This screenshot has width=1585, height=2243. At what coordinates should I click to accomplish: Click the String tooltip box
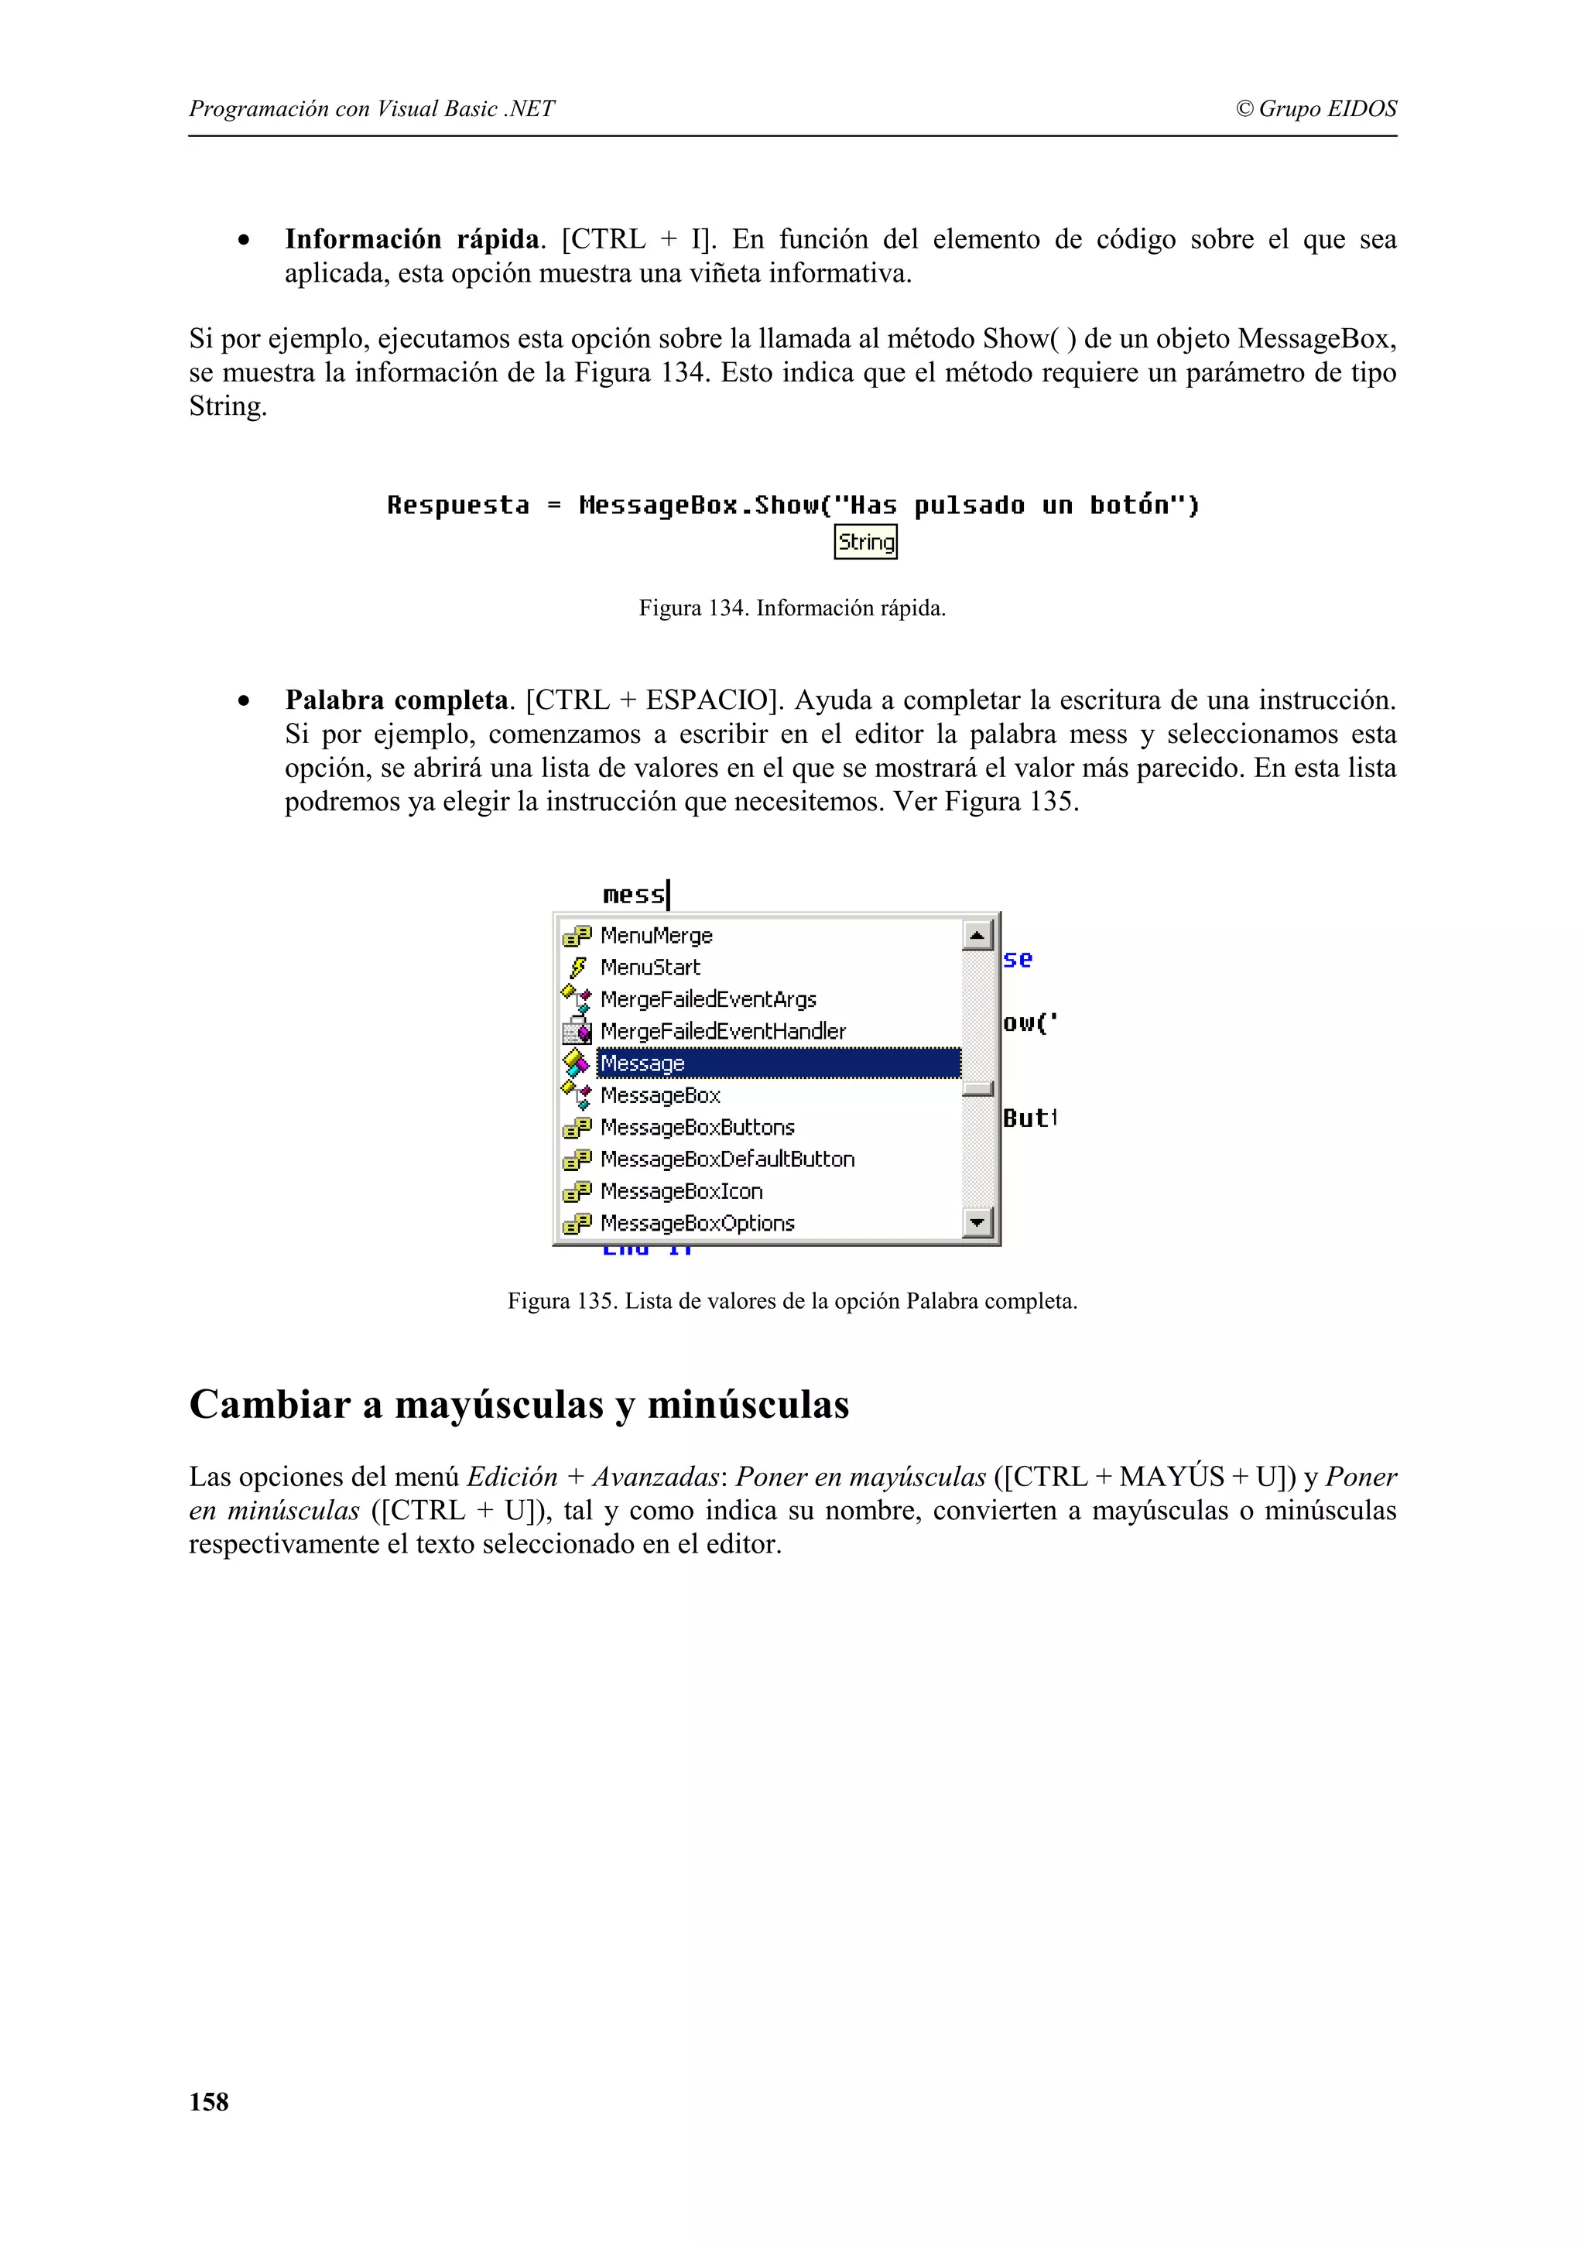pos(865,543)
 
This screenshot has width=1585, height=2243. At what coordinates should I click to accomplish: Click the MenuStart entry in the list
pos(650,967)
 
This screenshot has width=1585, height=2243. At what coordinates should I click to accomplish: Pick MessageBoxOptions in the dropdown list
pos(697,1223)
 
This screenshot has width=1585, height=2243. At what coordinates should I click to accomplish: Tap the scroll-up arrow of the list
pos(977,935)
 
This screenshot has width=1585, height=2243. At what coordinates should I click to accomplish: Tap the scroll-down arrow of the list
pos(977,1222)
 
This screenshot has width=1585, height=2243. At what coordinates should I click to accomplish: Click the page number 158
pos(209,2102)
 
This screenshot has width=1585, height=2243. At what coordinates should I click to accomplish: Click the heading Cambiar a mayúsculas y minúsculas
pos(519,1405)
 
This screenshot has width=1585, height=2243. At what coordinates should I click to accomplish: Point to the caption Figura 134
pos(792,608)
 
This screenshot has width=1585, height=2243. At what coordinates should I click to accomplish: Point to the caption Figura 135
pos(792,1301)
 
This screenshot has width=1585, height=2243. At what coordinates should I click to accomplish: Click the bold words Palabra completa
pos(395,700)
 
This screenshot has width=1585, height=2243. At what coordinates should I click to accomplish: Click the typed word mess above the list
pos(633,895)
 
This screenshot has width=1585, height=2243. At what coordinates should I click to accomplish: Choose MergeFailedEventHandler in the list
pos(723,1031)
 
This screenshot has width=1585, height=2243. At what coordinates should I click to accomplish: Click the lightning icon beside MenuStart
pos(577,967)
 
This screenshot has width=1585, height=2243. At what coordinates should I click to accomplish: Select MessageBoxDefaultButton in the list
pos(727,1159)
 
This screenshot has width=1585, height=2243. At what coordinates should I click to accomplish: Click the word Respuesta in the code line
pos(458,505)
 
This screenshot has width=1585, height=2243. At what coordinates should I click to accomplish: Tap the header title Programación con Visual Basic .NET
pos(371,108)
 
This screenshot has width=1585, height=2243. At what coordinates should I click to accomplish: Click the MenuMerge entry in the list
pos(656,936)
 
